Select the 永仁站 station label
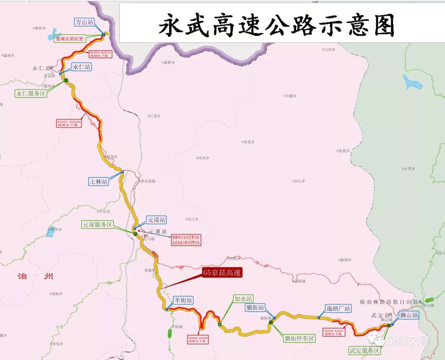[x=82, y=66]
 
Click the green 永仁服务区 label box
[x=31, y=93]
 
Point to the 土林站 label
[x=99, y=181]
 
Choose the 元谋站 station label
[x=157, y=220]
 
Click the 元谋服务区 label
[x=97, y=225]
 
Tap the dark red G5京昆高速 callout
[x=222, y=273]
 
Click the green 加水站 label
[x=243, y=298]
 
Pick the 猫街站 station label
[x=255, y=307]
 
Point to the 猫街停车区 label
[x=299, y=338]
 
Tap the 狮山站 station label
[x=408, y=315]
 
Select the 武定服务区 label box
[x=364, y=351]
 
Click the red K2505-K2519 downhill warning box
[x=100, y=54]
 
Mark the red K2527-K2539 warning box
[x=69, y=123]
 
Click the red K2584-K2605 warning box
[x=198, y=339]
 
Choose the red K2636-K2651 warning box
[x=334, y=332]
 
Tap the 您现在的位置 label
[x=70, y=39]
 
